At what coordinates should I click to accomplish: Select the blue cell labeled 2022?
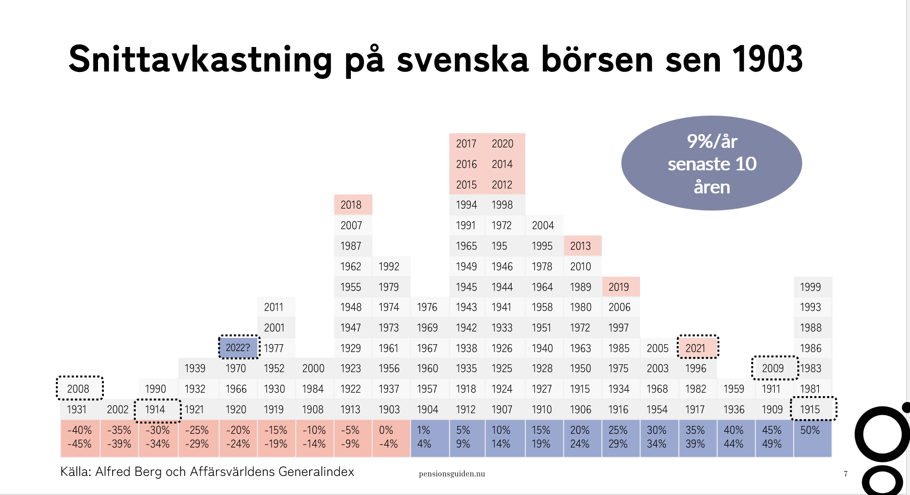point(238,348)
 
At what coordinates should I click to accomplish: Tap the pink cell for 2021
point(698,348)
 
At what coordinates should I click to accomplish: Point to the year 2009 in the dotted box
point(773,368)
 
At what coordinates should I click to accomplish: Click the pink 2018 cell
point(353,205)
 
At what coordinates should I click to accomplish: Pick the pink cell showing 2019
point(621,287)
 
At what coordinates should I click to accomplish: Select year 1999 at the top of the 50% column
point(811,287)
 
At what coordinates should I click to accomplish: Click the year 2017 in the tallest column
point(466,143)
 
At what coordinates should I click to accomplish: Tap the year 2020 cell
point(503,143)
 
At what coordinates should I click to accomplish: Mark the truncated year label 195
point(499,246)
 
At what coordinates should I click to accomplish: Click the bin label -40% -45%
point(80,437)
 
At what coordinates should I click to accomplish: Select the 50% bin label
point(810,430)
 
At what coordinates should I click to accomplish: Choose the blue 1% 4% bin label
point(424,437)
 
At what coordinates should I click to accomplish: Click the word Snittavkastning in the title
point(200,59)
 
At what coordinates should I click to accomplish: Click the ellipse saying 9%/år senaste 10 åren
point(712,163)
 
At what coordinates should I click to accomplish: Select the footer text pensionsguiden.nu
point(452,473)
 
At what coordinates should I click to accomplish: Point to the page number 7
point(846,473)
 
